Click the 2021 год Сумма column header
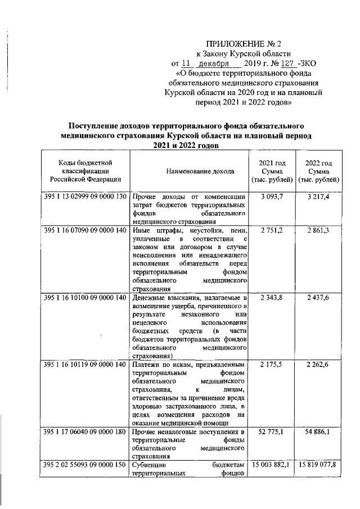(x=272, y=170)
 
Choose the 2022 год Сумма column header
(x=319, y=170)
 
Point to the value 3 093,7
(x=272, y=196)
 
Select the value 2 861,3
(x=319, y=231)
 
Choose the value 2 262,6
(x=319, y=364)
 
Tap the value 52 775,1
(x=272, y=431)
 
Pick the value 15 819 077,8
(x=319, y=465)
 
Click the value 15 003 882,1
(x=272, y=465)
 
